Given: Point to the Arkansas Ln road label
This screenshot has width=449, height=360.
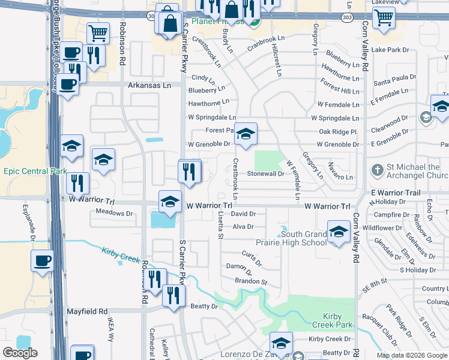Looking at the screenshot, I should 149,85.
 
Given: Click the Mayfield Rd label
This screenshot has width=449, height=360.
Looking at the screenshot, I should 86,311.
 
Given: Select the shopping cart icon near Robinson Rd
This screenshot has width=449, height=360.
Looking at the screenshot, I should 97,32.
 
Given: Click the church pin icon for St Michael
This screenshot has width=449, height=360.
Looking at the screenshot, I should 378,170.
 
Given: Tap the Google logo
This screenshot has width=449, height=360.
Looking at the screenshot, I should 20,353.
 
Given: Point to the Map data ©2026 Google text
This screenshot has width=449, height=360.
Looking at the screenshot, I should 412,355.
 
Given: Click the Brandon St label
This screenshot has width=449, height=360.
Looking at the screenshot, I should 250,281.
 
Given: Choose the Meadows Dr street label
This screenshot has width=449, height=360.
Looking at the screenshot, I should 114,213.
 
